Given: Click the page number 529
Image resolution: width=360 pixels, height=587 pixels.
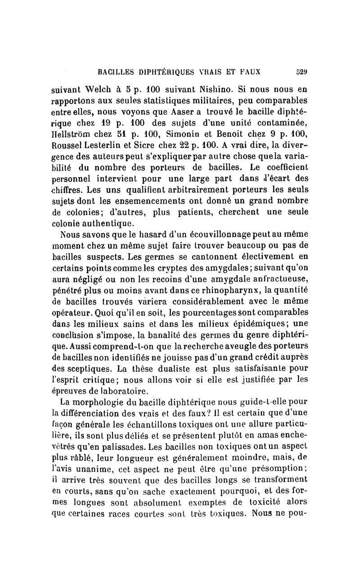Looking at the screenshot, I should (x=301, y=71).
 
